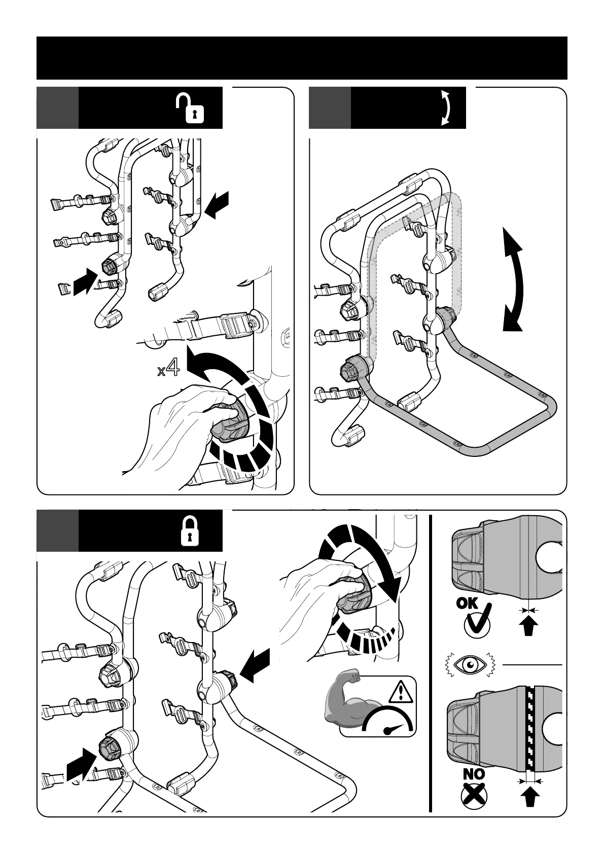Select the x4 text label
168,369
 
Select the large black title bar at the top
302,58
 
